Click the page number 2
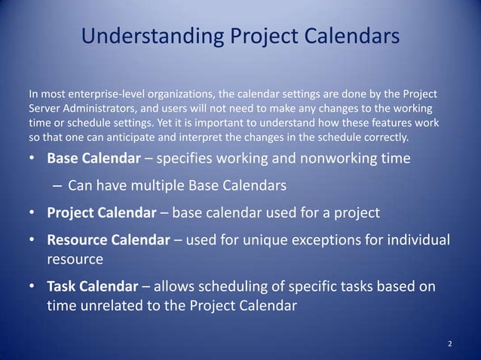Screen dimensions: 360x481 (x=450, y=344)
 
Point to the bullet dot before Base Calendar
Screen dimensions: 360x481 (x=32, y=160)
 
